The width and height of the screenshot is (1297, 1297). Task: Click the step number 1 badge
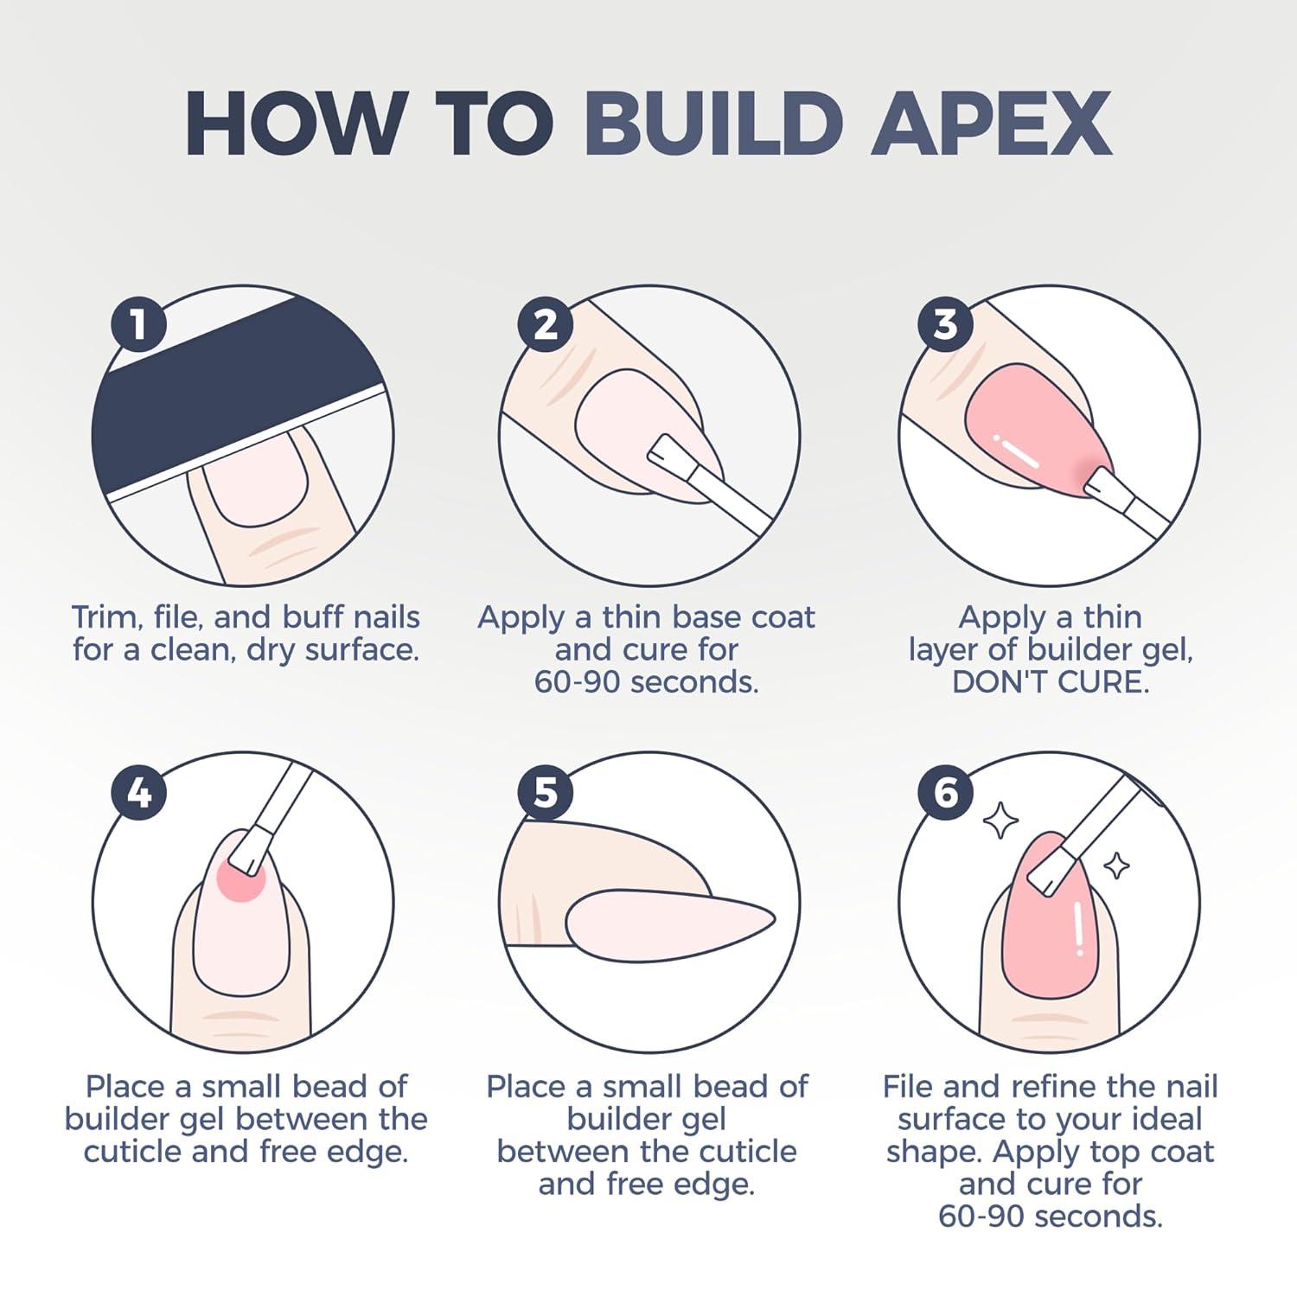[138, 324]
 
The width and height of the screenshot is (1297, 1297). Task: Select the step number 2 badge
[546, 324]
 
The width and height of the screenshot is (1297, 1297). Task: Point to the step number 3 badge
[945, 324]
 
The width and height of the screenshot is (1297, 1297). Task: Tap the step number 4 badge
[138, 792]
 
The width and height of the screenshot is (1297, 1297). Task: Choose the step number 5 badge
[546, 792]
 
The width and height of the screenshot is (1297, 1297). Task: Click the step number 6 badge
[945, 792]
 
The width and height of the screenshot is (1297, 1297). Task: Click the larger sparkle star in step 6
[1001, 821]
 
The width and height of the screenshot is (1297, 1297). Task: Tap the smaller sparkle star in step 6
[1116, 865]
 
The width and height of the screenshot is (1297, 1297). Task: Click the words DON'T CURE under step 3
[1051, 682]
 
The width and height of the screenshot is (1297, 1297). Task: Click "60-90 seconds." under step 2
[646, 682]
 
